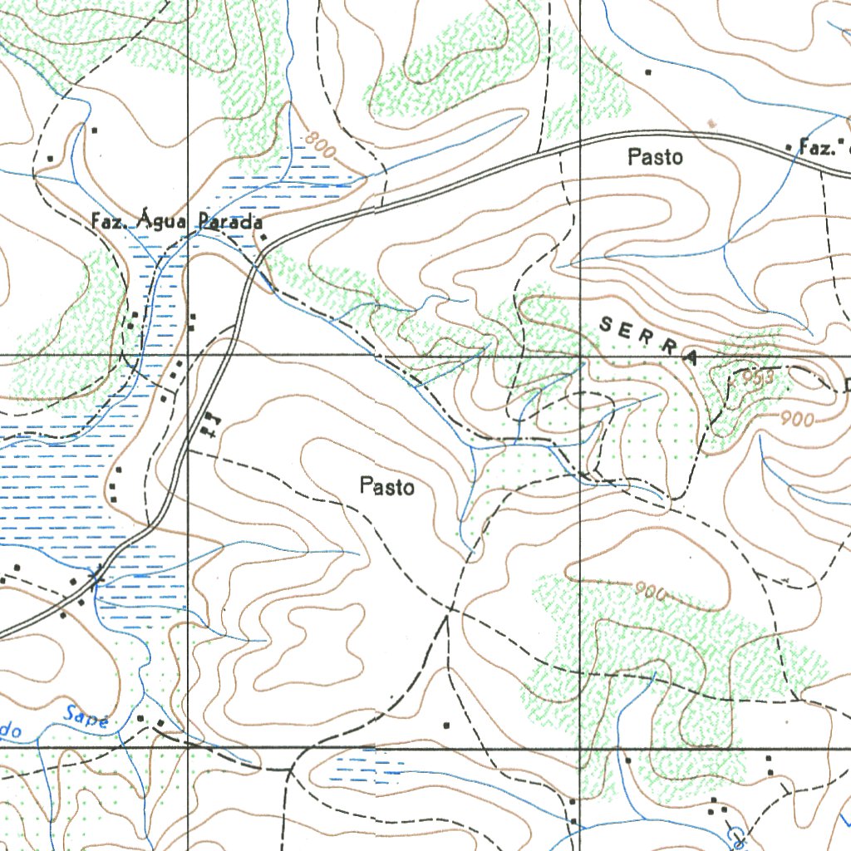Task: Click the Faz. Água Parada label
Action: click(177, 222)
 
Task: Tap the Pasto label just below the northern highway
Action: click(656, 156)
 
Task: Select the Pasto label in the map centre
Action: click(386, 486)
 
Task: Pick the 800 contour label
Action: click(320, 147)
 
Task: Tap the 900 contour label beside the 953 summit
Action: click(797, 421)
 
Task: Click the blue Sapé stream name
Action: click(86, 716)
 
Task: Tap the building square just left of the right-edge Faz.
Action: click(788, 147)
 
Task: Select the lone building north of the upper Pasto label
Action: click(648, 72)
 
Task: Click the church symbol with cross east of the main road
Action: click(208, 425)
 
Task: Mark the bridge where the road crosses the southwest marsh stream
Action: click(96, 573)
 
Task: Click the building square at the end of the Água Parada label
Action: click(263, 238)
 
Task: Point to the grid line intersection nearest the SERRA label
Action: click(579, 356)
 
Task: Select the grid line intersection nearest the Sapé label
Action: click(188, 747)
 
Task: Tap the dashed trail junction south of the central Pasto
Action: click(449, 610)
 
